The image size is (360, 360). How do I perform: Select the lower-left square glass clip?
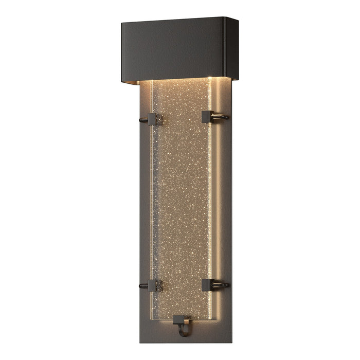(153, 285)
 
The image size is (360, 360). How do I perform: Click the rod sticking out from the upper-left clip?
(142, 121)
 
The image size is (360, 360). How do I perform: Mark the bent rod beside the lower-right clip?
(222, 284)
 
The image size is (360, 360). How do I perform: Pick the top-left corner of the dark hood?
(122, 23)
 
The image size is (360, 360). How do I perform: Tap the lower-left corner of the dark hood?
(122, 80)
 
